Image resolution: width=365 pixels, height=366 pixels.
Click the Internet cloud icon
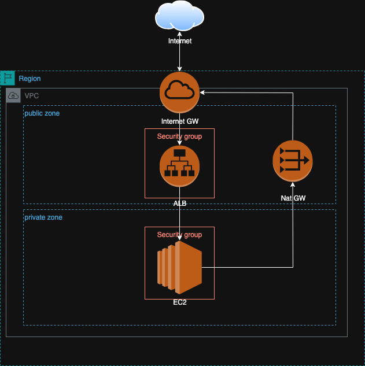tap(179, 16)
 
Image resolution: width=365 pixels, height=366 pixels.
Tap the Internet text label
tap(179, 41)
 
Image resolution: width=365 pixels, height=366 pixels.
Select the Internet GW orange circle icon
tap(179, 93)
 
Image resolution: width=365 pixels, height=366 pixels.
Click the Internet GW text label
tap(179, 121)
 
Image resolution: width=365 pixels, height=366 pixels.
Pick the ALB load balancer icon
tap(179, 166)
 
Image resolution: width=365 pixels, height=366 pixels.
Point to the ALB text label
tap(179, 204)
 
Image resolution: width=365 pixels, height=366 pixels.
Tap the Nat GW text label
tap(292, 198)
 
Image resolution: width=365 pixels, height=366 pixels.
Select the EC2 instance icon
tap(179, 268)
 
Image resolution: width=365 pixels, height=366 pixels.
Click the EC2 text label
tap(179, 302)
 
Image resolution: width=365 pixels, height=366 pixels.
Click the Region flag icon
tap(8, 78)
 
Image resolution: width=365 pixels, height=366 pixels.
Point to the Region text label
tap(30, 79)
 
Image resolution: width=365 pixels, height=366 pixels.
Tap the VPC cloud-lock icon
tap(13, 95)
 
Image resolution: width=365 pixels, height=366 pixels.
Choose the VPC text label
tap(32, 96)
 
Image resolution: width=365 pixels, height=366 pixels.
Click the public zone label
tap(42, 113)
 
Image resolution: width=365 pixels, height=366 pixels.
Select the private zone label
tap(43, 217)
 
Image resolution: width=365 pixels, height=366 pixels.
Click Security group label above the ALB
tap(179, 136)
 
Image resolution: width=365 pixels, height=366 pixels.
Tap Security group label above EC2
tap(179, 235)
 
